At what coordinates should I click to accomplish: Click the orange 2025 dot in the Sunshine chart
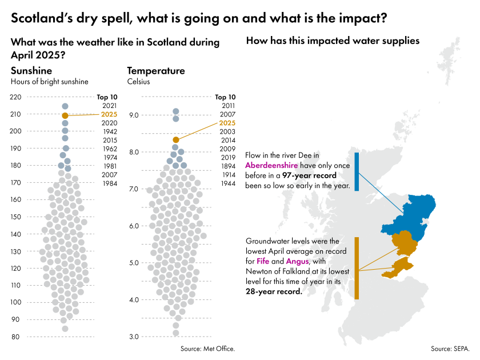tap(65, 115)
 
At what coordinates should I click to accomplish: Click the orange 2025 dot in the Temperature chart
tap(176, 139)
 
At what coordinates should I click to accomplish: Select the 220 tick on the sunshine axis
tap(16, 97)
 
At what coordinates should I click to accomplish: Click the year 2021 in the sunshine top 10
tap(109, 106)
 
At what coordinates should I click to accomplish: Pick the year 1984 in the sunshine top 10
tap(109, 183)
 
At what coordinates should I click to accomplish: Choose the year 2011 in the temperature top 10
tap(227, 106)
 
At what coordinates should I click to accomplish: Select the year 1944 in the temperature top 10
tap(227, 183)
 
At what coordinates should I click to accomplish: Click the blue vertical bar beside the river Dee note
tap(357, 171)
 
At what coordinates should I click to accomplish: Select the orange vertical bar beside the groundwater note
tap(357, 268)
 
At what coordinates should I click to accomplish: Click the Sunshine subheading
tap(31, 71)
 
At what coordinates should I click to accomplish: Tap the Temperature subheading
tap(156, 71)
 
